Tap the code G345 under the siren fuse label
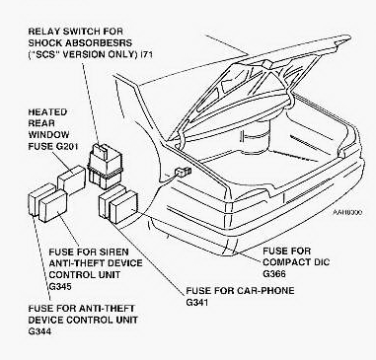[x=60, y=286]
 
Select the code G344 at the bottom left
[x=39, y=331]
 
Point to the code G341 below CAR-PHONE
[x=197, y=302]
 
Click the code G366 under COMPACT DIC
[x=274, y=274]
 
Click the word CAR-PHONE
[x=260, y=291]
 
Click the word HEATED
[x=47, y=112]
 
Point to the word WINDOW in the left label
[x=48, y=135]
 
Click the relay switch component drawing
[x=105, y=166]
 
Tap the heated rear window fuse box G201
[x=71, y=180]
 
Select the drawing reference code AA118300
[x=346, y=212]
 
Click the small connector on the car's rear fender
[x=184, y=172]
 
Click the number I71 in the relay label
[x=146, y=54]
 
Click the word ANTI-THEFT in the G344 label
[x=106, y=309]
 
